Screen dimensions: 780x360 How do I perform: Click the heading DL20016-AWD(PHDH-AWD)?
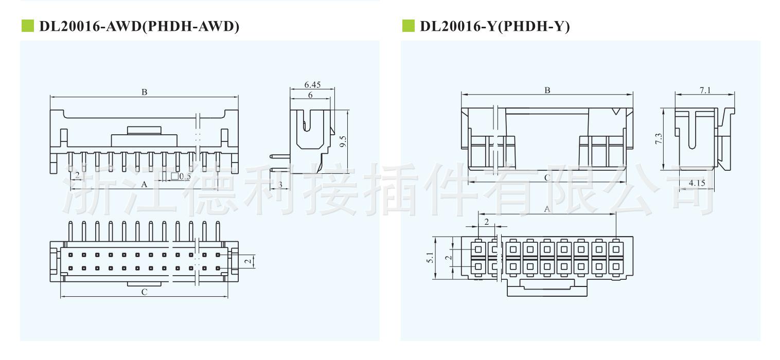(139, 26)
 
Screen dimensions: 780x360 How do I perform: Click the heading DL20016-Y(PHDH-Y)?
(495, 26)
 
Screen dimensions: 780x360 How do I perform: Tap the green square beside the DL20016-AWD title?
(27, 26)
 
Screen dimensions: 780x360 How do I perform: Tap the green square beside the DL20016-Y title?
(409, 26)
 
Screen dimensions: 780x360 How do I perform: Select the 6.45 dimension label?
(312, 85)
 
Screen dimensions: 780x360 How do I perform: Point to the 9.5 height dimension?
(343, 141)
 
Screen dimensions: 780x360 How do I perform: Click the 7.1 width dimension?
(705, 90)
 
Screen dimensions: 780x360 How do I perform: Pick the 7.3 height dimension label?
(658, 138)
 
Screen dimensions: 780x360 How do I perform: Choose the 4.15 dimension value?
(697, 183)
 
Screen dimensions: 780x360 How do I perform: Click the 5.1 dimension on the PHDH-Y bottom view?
(430, 258)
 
